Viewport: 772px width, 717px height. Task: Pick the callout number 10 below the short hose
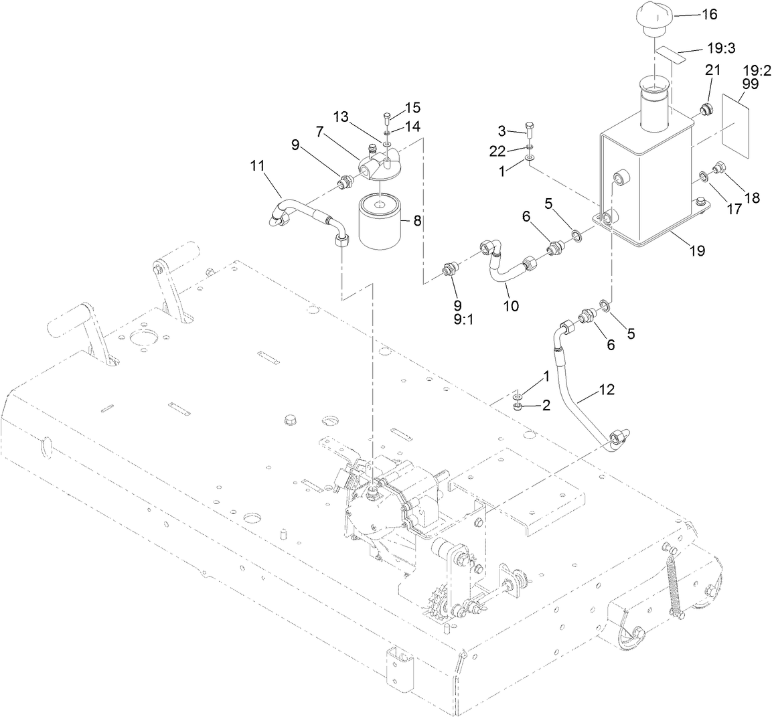[x=511, y=305]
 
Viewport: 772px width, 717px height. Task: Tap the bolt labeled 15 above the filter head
[x=387, y=120]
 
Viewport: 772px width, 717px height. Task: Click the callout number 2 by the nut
[x=546, y=406]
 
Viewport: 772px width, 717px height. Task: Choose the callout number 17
[x=735, y=209]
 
